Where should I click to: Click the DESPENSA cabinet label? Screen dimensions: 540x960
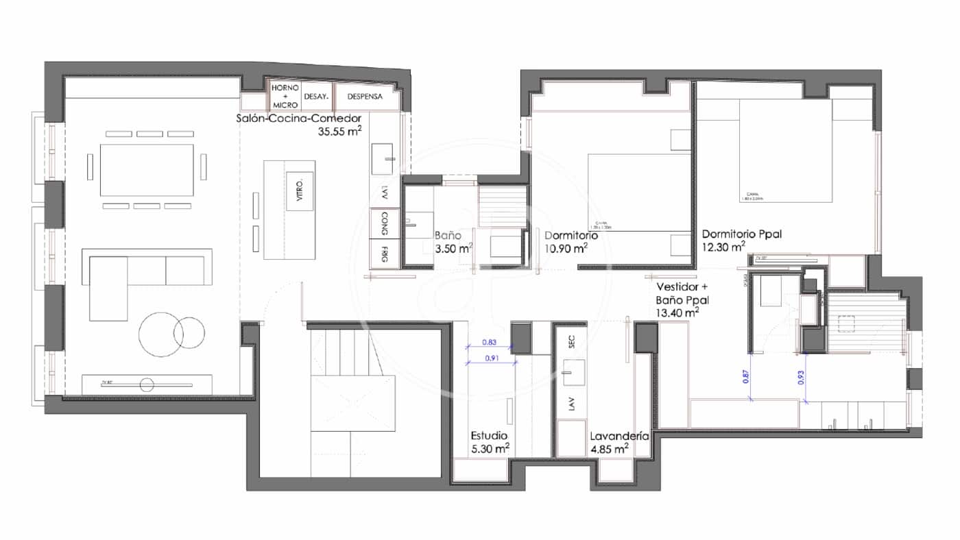(365, 97)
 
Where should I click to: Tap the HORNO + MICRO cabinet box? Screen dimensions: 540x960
(285, 97)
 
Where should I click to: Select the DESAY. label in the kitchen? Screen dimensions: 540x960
(316, 97)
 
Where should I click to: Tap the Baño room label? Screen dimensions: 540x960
(448, 235)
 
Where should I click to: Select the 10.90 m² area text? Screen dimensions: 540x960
(566, 248)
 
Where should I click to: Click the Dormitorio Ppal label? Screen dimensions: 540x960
(741, 234)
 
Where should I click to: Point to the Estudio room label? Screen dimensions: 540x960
(489, 435)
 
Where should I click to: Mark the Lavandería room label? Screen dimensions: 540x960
(619, 435)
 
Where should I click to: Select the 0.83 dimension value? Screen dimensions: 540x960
(489, 342)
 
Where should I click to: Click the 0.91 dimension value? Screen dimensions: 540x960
(489, 357)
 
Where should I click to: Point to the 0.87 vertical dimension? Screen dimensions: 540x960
(745, 376)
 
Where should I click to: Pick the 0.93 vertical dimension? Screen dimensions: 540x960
(800, 376)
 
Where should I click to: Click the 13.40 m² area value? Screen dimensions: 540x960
(677, 312)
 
